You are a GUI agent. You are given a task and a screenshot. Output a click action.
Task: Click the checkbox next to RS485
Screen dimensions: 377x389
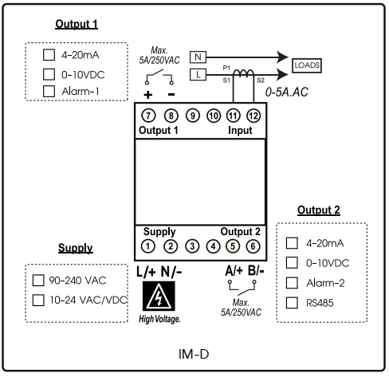(293, 302)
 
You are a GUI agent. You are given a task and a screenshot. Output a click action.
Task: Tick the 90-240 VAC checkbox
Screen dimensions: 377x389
(37, 281)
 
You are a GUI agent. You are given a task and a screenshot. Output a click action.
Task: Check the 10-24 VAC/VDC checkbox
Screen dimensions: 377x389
(37, 300)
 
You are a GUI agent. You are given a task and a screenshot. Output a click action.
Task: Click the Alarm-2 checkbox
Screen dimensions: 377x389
(293, 282)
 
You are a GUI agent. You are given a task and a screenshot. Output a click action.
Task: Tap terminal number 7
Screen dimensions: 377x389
(148, 116)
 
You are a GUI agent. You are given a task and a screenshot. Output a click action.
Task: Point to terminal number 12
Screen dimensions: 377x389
(253, 116)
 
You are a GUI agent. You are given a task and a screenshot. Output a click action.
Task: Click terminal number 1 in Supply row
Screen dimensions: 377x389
(148, 246)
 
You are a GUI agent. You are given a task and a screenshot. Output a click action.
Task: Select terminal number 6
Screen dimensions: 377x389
(253, 246)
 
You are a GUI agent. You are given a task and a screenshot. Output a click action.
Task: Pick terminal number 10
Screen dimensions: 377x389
(212, 116)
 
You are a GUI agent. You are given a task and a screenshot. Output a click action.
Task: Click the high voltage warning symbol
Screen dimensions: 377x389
(159, 296)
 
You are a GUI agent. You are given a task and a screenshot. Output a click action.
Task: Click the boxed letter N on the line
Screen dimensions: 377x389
(198, 57)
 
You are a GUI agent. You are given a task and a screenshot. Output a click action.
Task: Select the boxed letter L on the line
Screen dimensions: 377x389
(198, 74)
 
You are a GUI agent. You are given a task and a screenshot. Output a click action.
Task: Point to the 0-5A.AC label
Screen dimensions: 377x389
(286, 93)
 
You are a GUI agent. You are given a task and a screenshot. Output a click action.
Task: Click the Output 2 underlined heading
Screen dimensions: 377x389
(319, 210)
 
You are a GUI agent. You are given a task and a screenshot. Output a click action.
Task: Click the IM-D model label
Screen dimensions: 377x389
(194, 351)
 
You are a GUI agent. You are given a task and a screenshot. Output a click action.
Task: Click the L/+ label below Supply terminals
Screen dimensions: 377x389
(146, 271)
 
